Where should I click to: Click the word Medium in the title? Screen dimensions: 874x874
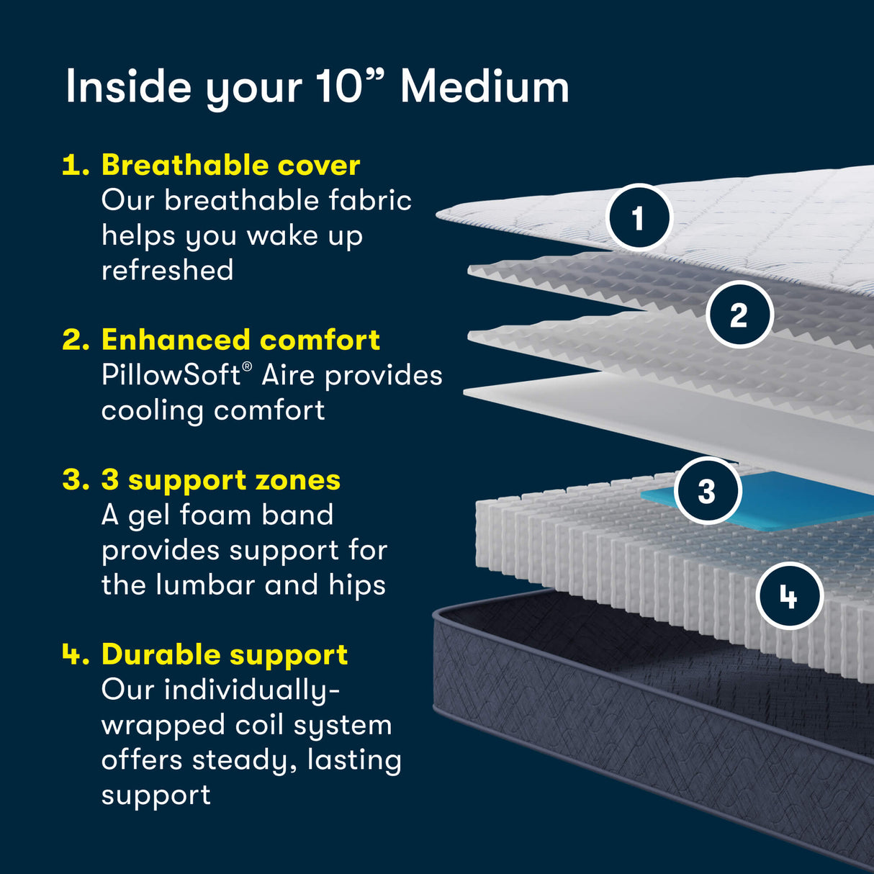485,87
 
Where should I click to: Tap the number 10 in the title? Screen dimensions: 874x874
338,87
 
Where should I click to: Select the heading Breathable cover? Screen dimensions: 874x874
230,165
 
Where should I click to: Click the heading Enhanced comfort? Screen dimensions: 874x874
240,340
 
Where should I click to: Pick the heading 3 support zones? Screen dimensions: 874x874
220,480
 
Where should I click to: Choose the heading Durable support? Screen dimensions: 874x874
225,654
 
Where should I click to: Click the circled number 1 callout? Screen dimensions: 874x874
638,217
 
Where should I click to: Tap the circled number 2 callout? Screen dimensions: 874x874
739,315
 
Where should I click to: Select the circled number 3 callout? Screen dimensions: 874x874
707,491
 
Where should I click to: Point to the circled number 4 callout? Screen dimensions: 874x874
789,596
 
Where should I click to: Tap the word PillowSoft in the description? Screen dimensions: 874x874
171,375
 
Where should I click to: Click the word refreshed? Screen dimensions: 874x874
167,271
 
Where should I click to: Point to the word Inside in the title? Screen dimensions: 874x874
127,87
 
